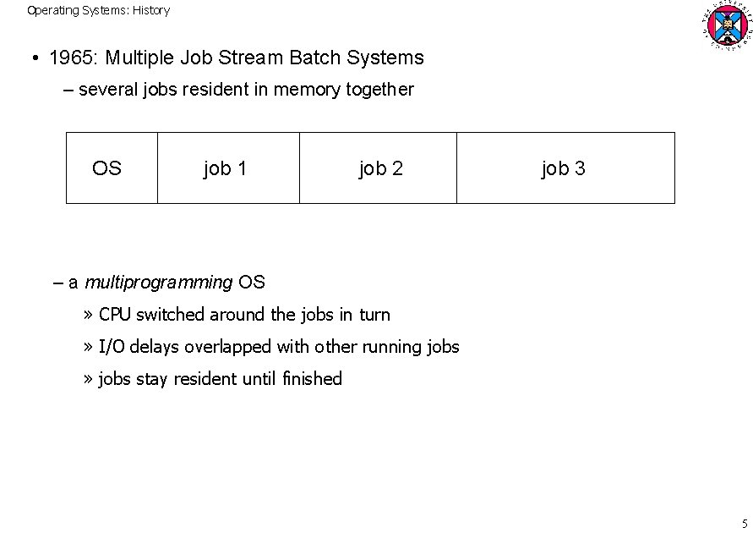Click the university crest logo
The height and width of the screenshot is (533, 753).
pos(725,25)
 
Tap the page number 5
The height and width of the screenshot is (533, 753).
pos(745,523)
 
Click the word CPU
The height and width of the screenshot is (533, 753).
pos(116,315)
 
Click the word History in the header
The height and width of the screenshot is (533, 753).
pos(150,11)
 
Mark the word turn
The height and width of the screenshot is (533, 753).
pos(374,315)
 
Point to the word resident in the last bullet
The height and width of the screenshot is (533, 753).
pos(205,379)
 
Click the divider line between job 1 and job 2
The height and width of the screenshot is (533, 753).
pos(299,168)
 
